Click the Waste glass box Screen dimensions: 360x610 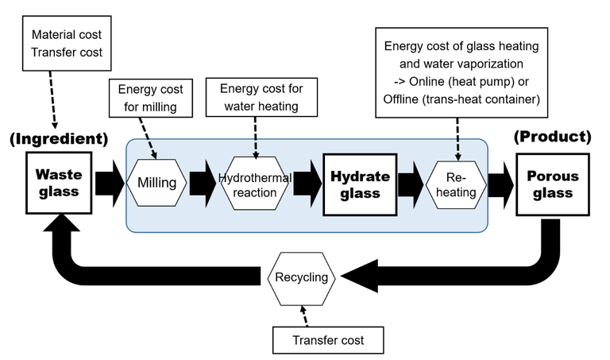coord(59,184)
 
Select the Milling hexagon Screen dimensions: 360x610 coord(156,184)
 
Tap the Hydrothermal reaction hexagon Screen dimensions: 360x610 coord(256,184)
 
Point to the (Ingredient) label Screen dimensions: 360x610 coord(59,139)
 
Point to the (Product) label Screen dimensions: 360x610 coord(554,137)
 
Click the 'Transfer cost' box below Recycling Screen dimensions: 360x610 coord(329,340)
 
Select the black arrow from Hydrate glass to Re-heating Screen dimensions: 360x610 coord(410,184)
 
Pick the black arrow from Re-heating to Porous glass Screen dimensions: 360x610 coord(500,184)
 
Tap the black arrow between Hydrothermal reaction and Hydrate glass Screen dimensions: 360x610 coord(307,184)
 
